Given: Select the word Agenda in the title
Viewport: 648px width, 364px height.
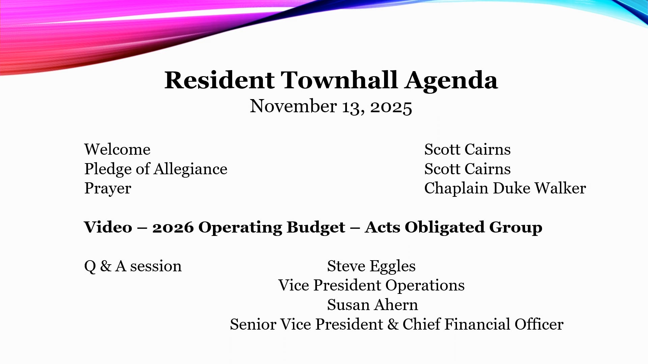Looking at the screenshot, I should [x=451, y=81].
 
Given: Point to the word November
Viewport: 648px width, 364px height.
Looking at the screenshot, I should [x=293, y=106].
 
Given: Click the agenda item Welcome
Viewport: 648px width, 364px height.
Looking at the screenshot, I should [x=117, y=149].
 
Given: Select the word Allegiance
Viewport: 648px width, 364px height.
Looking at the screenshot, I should [x=190, y=169].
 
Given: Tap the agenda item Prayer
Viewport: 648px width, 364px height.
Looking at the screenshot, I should [x=108, y=188].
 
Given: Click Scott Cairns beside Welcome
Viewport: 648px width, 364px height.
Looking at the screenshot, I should [x=467, y=149].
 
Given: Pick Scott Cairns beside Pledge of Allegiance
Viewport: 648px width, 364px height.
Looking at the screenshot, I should [x=467, y=169].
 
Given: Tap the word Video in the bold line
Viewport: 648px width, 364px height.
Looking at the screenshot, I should [x=108, y=227].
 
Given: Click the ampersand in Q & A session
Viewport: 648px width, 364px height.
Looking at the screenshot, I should [x=106, y=266].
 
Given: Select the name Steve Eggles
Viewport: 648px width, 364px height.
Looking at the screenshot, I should [x=371, y=266].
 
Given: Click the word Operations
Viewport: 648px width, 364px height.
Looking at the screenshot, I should [x=425, y=286].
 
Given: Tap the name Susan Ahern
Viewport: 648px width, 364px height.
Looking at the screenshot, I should [x=372, y=305].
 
